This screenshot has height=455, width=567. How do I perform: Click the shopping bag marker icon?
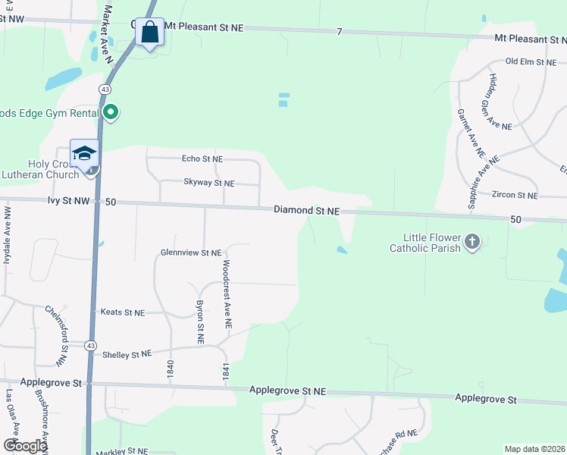click(149, 33)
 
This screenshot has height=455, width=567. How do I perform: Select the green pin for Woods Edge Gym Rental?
click(111, 113)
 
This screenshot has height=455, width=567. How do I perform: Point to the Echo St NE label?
click(202, 159)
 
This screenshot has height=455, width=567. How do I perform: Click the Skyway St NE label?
click(209, 183)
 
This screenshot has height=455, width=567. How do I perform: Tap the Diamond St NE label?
click(306, 211)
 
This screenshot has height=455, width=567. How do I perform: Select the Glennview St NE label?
click(190, 253)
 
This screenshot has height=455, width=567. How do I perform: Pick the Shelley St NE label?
click(127, 354)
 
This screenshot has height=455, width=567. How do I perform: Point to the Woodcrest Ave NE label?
click(227, 294)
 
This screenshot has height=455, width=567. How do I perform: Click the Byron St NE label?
click(200, 323)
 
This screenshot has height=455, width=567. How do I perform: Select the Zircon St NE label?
click(514, 196)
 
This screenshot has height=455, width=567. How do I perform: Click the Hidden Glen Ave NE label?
click(501, 102)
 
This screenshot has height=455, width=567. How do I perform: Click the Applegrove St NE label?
click(288, 391)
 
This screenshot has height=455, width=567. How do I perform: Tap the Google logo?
click(24, 446)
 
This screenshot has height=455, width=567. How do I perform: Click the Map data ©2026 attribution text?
click(534, 449)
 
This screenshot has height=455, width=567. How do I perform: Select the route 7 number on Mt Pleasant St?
click(340, 31)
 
